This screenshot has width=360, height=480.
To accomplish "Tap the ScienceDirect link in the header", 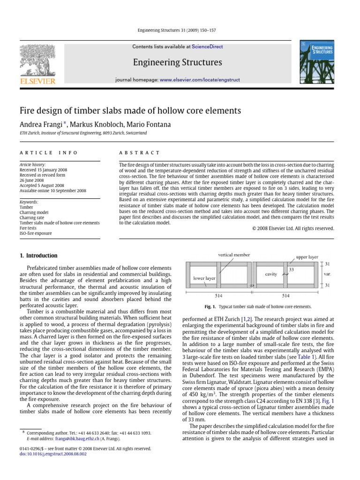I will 206,47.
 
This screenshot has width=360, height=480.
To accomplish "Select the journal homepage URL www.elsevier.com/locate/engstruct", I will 200,80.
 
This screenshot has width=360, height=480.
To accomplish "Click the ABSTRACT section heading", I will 140,153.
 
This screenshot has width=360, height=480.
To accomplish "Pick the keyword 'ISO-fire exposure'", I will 36,233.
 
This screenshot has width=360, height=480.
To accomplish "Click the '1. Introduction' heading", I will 38,256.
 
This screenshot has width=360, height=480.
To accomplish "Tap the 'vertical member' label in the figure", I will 234,255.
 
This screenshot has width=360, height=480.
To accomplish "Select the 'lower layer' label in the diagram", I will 204,278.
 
